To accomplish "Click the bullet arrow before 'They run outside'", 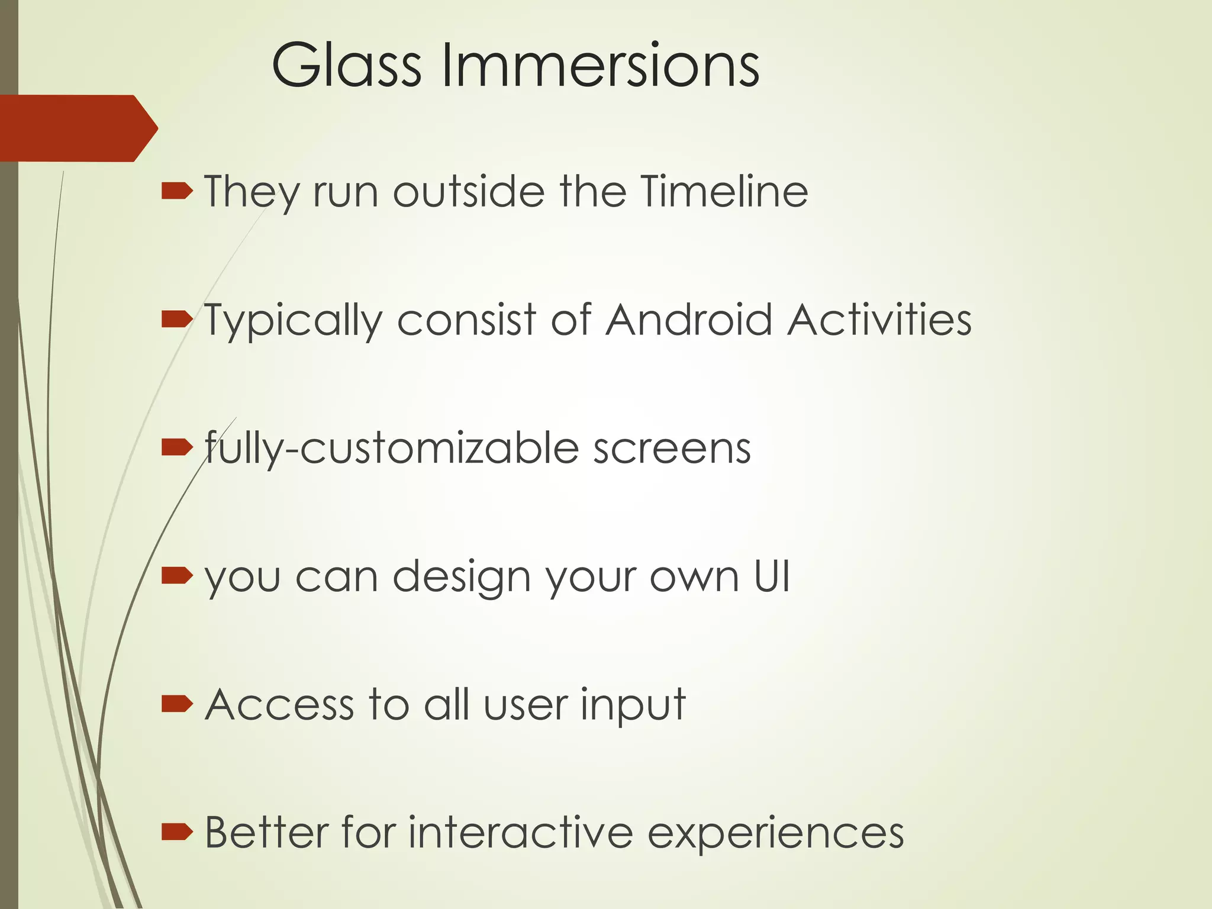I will [177, 191].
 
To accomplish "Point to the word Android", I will [689, 320].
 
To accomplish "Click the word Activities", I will [879, 320].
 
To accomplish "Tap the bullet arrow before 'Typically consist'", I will [177, 320].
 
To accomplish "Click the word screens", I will [672, 449].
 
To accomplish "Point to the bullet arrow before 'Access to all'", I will [177, 704].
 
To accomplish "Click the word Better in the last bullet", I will [266, 832].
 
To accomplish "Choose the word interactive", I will [521, 832].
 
